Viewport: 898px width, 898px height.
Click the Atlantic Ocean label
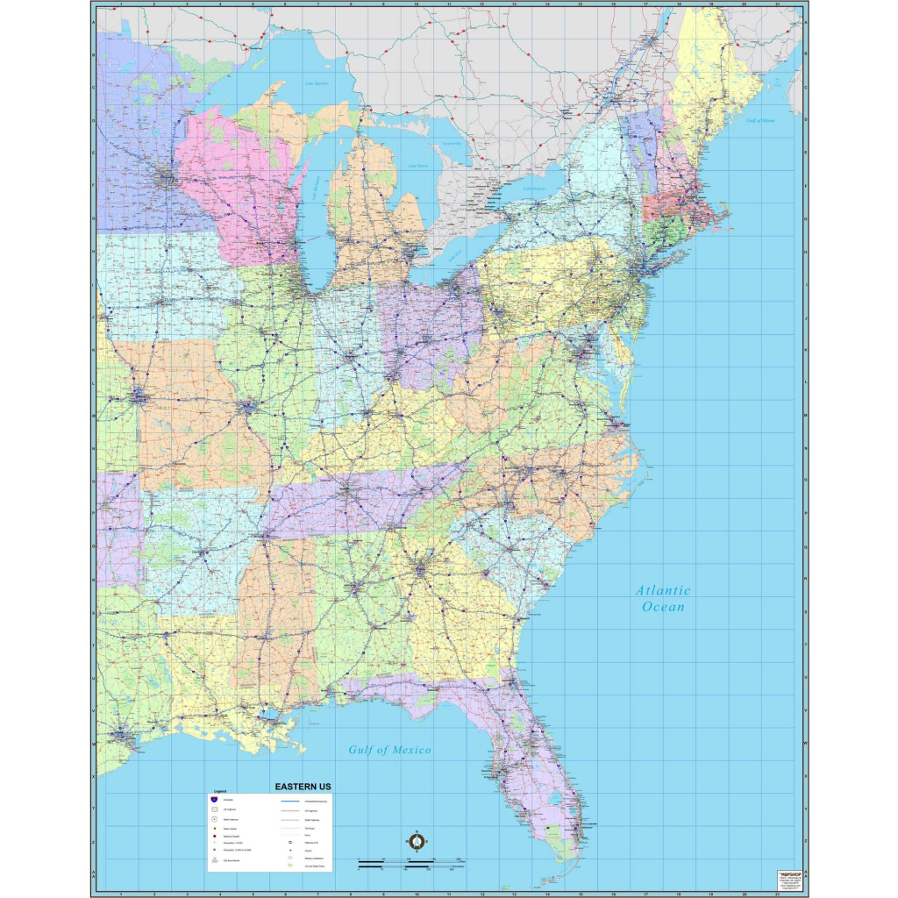[663, 598]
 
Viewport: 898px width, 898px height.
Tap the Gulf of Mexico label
[389, 750]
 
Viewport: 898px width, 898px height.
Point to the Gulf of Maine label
[760, 120]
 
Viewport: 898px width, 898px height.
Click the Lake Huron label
[418, 166]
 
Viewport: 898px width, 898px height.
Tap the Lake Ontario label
[534, 189]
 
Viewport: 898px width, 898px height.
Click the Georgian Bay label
[452, 143]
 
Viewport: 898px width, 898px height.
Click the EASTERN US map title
[303, 787]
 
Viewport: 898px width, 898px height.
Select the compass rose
[417, 842]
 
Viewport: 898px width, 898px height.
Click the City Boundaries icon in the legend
[213, 863]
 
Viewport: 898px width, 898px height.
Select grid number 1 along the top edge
[121, 4]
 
